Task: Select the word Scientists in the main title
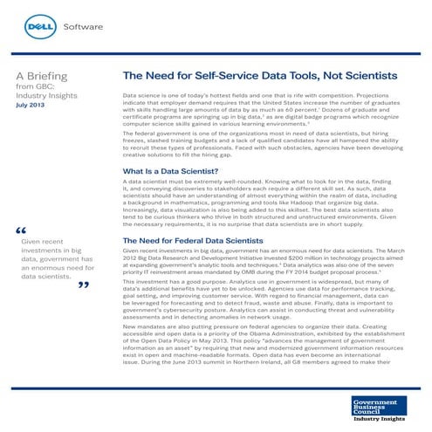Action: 379,78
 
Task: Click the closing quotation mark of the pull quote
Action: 83,285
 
